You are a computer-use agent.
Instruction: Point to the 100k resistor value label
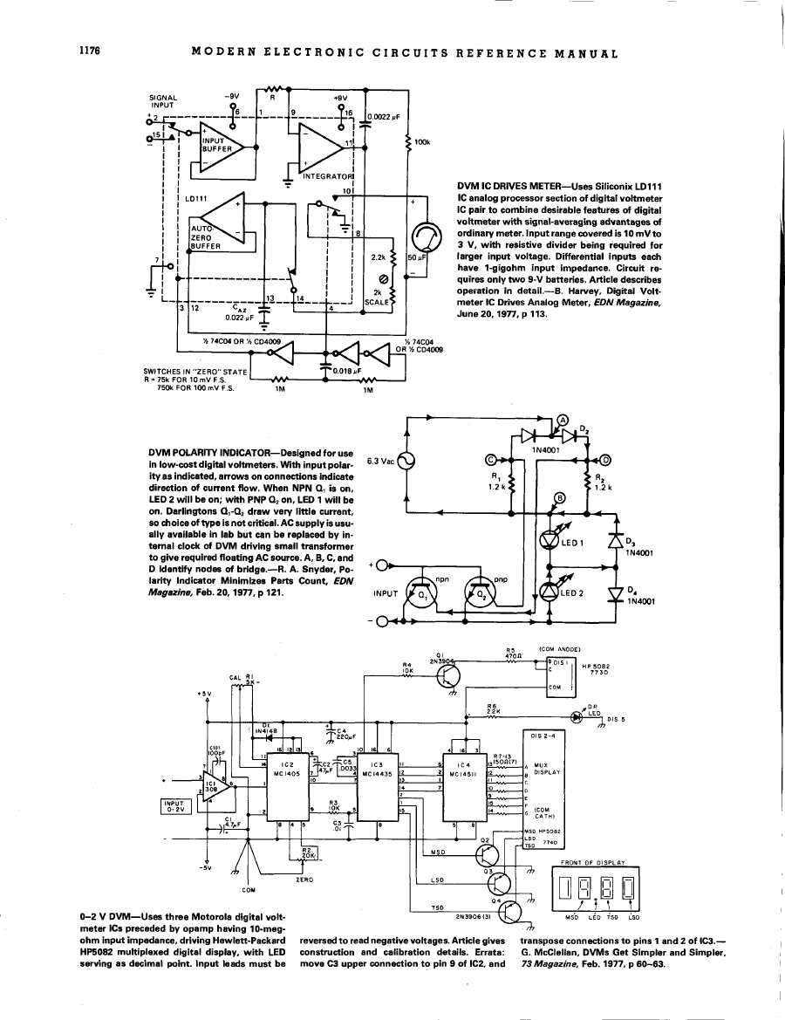coord(422,141)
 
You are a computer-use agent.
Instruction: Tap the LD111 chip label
coord(195,198)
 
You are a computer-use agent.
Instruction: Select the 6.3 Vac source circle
coord(406,461)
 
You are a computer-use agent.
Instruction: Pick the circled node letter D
coord(605,460)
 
